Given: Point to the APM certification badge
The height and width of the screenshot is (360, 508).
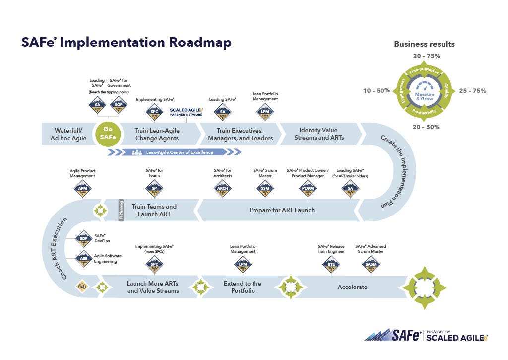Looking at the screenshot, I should (82, 189).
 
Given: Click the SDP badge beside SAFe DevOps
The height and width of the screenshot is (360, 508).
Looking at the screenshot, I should (83, 239).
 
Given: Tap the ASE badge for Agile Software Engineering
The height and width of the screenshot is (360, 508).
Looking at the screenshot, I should (83, 258).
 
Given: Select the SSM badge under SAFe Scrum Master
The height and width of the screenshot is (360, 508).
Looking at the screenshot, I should (264, 189).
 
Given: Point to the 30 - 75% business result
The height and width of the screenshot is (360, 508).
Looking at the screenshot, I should (426, 56).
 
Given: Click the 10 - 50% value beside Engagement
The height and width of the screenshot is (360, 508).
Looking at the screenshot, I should (376, 91).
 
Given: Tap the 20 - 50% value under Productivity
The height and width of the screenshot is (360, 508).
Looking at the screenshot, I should (426, 127).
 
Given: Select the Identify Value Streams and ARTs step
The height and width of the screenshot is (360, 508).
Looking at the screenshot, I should (319, 134).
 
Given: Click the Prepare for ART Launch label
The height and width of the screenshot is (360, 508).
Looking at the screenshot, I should (282, 210).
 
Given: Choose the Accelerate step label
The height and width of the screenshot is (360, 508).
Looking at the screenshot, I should (352, 287).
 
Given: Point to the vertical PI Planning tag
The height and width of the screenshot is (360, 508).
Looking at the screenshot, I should (121, 210).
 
